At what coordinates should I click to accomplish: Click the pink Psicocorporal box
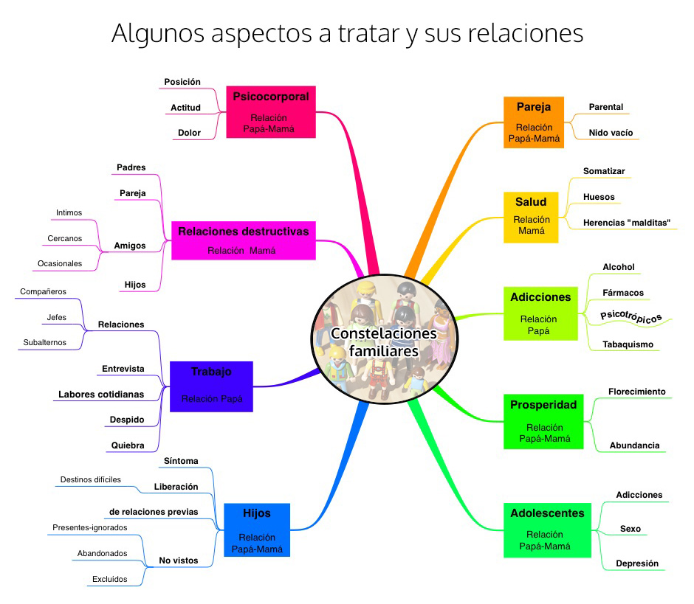pyautogui.click(x=270, y=111)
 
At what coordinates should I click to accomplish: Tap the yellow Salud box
pyautogui.click(x=531, y=217)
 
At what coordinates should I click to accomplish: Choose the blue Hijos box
pyautogui.click(x=256, y=530)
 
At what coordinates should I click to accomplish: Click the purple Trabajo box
pyautogui.click(x=211, y=386)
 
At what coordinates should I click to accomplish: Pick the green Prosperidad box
pyautogui.click(x=543, y=421)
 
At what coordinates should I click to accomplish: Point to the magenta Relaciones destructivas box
pyautogui.click(x=243, y=240)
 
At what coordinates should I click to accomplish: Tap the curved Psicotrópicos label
pyautogui.click(x=631, y=316)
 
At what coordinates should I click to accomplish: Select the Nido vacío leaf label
pyautogui.click(x=611, y=133)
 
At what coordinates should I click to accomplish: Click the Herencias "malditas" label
pyautogui.click(x=627, y=222)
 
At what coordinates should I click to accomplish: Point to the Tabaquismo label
pyautogui.click(x=628, y=344)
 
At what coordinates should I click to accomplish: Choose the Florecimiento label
pyautogui.click(x=636, y=392)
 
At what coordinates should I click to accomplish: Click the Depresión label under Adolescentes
pyautogui.click(x=636, y=563)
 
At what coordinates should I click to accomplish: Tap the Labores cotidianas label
pyautogui.click(x=101, y=395)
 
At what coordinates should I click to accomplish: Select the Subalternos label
pyautogui.click(x=44, y=342)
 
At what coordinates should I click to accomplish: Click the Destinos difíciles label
pyautogui.click(x=91, y=480)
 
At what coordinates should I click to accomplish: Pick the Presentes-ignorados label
pyautogui.click(x=90, y=527)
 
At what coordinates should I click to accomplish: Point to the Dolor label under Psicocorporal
pyautogui.click(x=189, y=133)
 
